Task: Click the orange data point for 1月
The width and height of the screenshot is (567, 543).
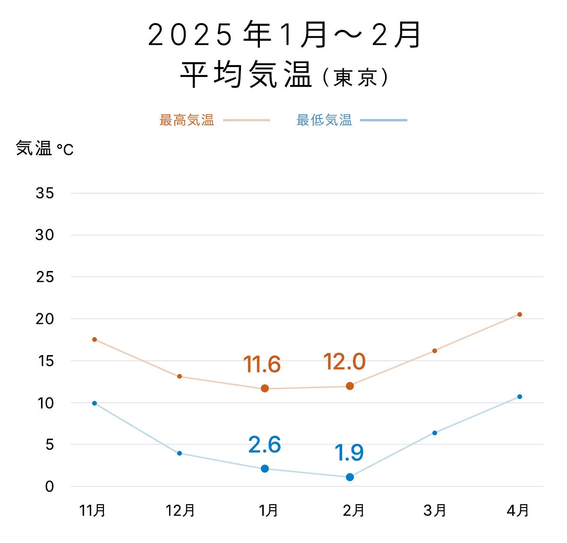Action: click(x=265, y=389)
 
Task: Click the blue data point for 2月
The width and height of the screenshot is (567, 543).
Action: click(x=350, y=477)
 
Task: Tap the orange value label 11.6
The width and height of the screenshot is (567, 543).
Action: click(x=262, y=365)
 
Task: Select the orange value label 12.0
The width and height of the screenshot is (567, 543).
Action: click(x=344, y=362)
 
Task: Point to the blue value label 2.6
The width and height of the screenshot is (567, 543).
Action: click(x=265, y=445)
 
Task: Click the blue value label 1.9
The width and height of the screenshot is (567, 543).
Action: click(x=349, y=453)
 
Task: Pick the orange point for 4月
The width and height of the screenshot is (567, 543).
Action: click(x=520, y=314)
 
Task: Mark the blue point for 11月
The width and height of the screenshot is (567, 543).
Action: click(x=94, y=403)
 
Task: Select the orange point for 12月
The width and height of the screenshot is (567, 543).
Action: click(x=180, y=376)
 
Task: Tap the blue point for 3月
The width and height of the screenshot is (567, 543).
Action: click(x=435, y=433)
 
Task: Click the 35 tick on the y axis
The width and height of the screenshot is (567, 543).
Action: click(x=45, y=193)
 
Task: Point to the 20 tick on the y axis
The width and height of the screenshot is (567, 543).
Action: click(x=45, y=319)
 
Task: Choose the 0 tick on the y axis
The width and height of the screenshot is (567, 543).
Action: click(x=50, y=487)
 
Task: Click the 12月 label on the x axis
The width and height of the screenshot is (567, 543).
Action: click(x=180, y=510)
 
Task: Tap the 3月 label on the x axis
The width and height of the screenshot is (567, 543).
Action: click(x=435, y=510)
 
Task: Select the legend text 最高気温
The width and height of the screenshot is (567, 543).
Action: click(x=187, y=120)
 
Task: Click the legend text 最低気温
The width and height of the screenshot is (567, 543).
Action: click(x=324, y=120)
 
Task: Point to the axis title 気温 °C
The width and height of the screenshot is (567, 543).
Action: click(x=45, y=149)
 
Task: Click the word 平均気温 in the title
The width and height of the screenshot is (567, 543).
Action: click(x=246, y=75)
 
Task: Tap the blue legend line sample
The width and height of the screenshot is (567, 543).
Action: click(x=383, y=120)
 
